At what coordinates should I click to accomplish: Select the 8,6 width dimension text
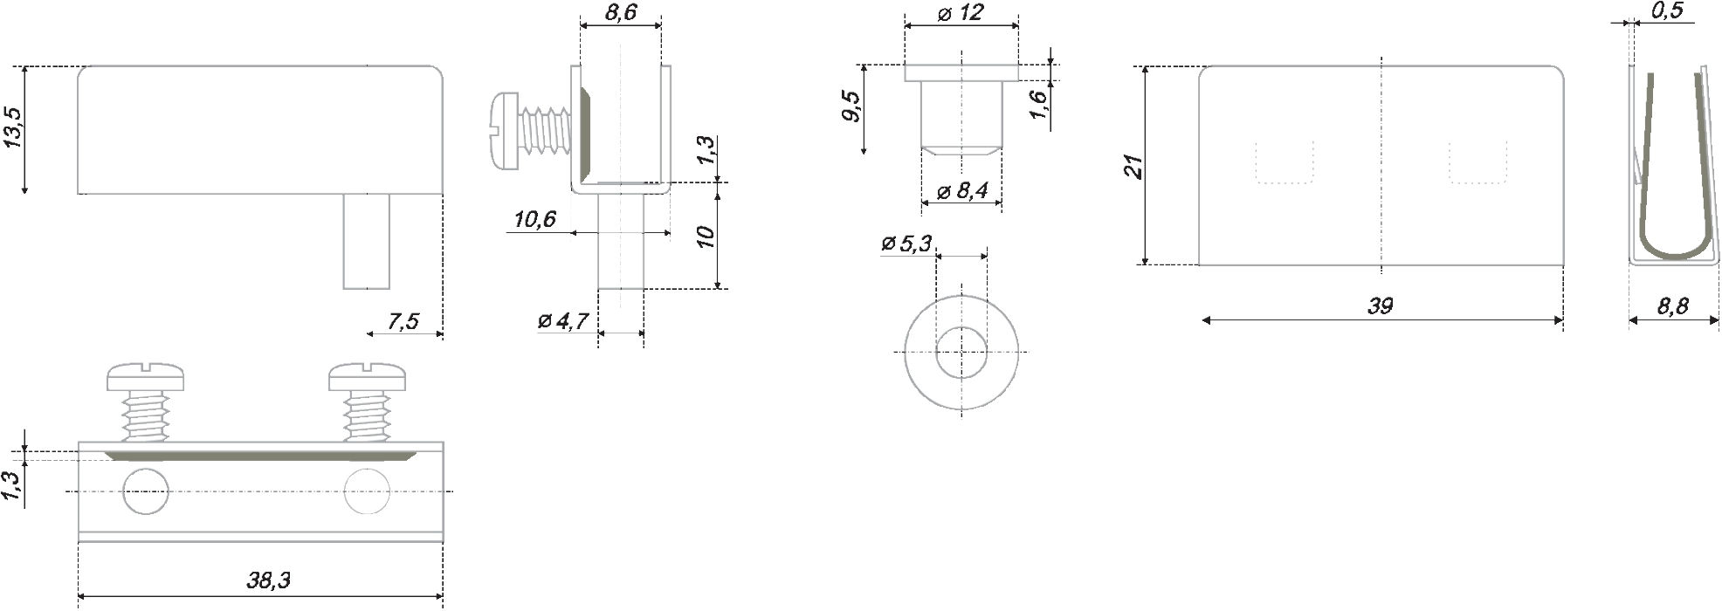click(619, 12)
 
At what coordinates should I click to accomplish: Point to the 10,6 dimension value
click(534, 218)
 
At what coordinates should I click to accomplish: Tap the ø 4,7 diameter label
click(564, 321)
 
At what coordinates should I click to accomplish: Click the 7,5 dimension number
click(403, 321)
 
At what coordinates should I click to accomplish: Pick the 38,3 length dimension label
click(268, 580)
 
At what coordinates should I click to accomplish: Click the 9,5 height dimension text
click(853, 107)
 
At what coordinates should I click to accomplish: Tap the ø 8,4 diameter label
click(962, 191)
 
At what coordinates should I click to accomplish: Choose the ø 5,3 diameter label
click(906, 244)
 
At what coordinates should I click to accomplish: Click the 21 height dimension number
click(1133, 167)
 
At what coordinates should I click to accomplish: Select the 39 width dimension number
click(1380, 305)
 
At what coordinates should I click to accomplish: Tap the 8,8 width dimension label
click(1671, 305)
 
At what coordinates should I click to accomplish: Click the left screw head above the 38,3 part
click(147, 377)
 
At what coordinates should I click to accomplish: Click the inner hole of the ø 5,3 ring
click(961, 352)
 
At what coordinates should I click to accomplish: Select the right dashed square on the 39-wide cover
click(1477, 162)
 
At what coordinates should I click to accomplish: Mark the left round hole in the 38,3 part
click(145, 491)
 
